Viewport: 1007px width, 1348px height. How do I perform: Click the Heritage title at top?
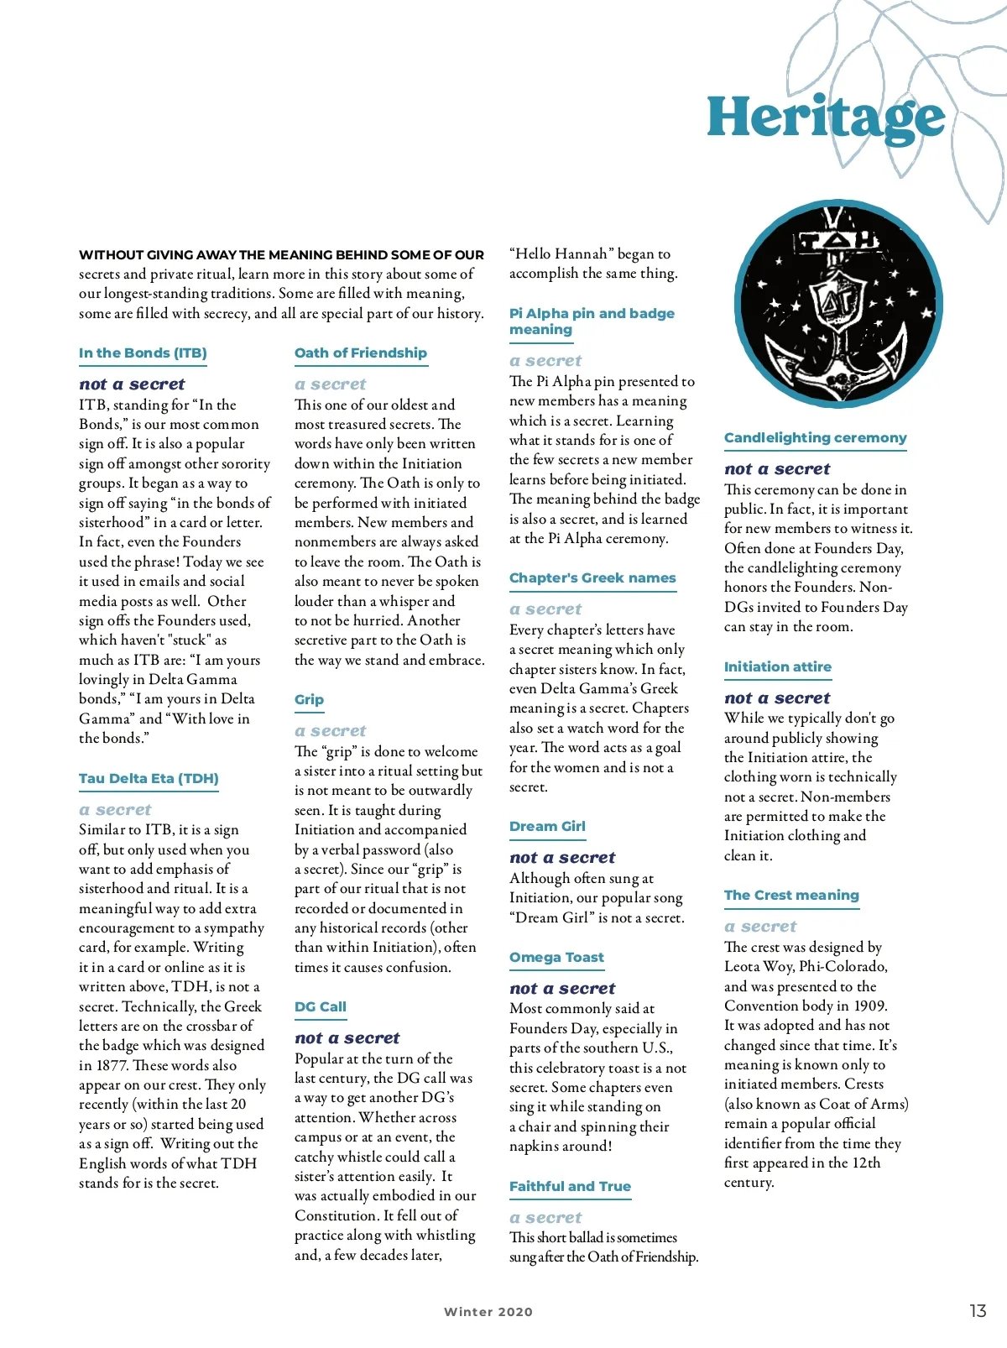(826, 118)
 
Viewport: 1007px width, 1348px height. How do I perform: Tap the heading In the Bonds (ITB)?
(143, 353)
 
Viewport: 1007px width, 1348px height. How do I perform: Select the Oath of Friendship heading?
(361, 353)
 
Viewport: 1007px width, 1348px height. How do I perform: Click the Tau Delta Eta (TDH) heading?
(149, 779)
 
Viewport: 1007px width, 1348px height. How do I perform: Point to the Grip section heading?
(309, 700)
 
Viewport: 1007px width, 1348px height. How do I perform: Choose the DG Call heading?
(321, 1007)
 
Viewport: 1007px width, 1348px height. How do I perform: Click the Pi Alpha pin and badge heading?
(592, 321)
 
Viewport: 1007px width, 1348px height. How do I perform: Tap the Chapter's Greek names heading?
(592, 578)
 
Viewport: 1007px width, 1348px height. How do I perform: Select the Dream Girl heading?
(547, 827)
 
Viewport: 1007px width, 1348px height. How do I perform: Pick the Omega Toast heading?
(556, 958)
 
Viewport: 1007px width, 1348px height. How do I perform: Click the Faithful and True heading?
(570, 1187)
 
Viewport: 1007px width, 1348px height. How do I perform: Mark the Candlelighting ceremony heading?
(815, 438)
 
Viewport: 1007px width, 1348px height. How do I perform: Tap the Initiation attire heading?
(778, 667)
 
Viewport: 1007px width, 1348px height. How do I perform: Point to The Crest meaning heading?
(791, 896)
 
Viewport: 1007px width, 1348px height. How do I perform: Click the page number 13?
(978, 1311)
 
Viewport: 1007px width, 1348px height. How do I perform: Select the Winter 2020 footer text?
(488, 1312)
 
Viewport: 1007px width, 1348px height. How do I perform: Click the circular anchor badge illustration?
(838, 305)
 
